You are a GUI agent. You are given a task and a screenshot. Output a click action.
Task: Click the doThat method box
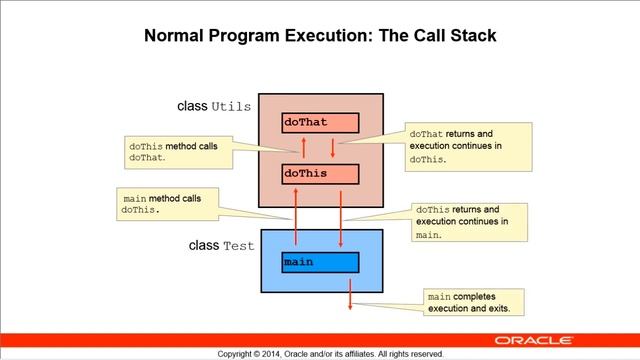point(319,123)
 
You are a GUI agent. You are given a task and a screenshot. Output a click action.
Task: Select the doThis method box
point(319,174)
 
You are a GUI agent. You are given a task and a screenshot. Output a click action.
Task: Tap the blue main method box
point(319,262)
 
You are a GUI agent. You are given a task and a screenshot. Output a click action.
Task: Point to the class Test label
point(221,245)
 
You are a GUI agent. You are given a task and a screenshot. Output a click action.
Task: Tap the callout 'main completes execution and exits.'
point(476,302)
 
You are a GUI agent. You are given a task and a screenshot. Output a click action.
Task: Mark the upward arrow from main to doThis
point(296,218)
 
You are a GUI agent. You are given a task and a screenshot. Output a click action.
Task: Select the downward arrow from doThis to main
point(341,218)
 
